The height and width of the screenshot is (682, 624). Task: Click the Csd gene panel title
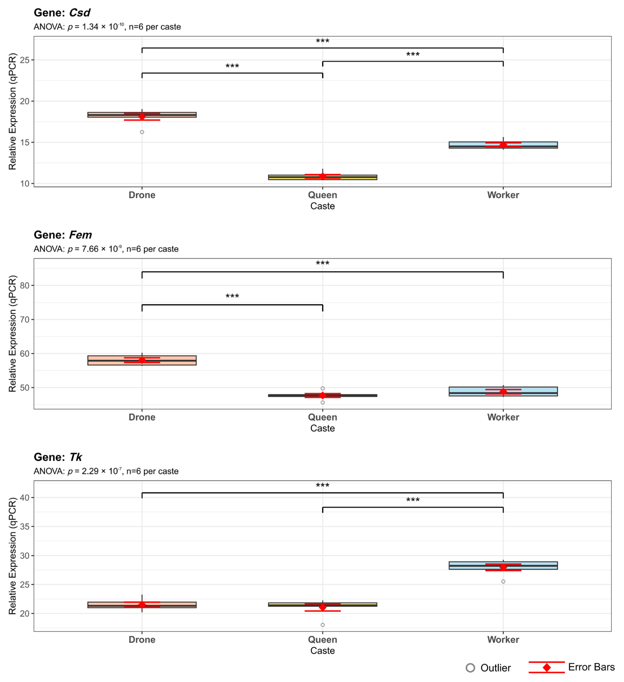pyautogui.click(x=62, y=13)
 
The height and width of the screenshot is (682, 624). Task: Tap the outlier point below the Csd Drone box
pyautogui.click(x=142, y=132)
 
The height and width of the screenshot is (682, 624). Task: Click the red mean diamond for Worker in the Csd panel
pyautogui.click(x=503, y=145)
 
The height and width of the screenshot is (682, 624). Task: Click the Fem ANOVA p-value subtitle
pyautogui.click(x=106, y=249)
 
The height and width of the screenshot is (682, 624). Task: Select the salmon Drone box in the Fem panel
pyautogui.click(x=102, y=360)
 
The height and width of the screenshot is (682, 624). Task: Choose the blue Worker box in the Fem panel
pyautogui.click(x=542, y=391)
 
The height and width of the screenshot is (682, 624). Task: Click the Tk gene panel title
pyautogui.click(x=58, y=457)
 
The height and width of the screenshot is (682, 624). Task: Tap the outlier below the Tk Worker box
pyautogui.click(x=503, y=582)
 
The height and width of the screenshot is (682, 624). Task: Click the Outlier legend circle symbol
pyautogui.click(x=470, y=668)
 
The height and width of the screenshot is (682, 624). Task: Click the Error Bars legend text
pyautogui.click(x=591, y=667)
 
